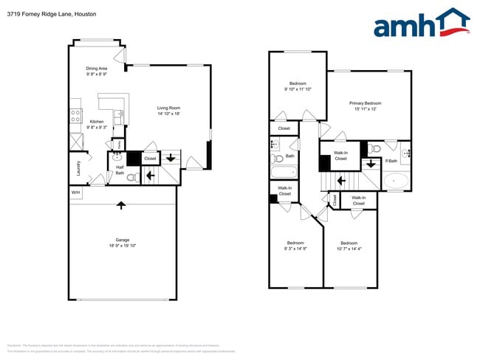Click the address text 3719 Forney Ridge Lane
(x=34, y=14)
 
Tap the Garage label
(x=122, y=240)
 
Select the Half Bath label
(x=119, y=170)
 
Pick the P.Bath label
(x=391, y=161)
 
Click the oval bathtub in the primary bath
(x=396, y=180)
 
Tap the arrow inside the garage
(x=122, y=204)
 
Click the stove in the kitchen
(x=75, y=116)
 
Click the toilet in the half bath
(x=132, y=178)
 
